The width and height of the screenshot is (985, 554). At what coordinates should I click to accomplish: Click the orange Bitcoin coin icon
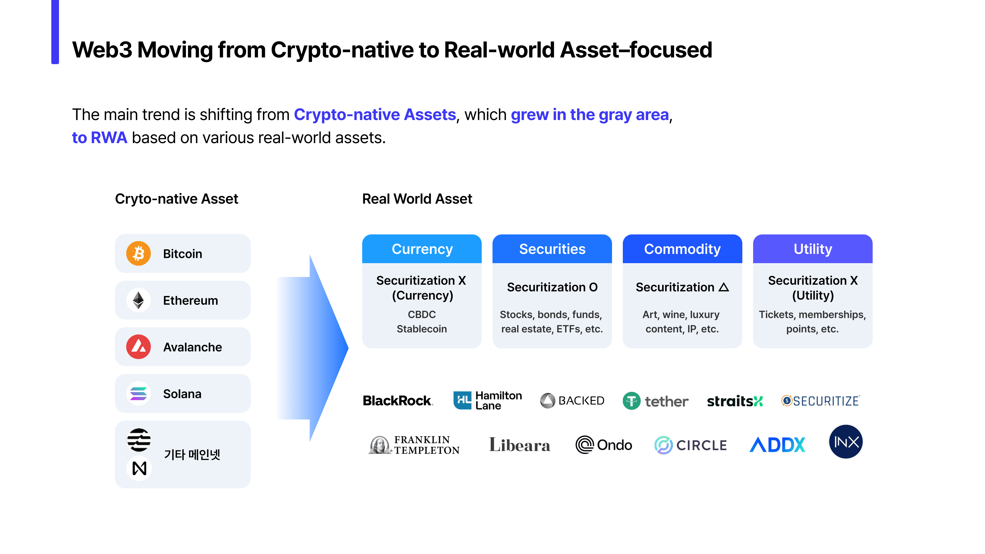pyautogui.click(x=139, y=253)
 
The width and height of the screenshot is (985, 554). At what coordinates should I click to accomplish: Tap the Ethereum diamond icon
pyautogui.click(x=139, y=300)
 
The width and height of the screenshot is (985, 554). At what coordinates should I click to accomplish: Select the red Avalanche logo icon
pyautogui.click(x=139, y=347)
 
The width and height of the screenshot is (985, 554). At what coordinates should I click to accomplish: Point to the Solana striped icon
pyautogui.click(x=139, y=393)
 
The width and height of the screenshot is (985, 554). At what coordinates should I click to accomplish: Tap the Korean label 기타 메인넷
pyautogui.click(x=192, y=454)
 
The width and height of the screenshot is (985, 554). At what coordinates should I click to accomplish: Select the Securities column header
pyautogui.click(x=552, y=249)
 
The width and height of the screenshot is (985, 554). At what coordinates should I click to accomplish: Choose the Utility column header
pyautogui.click(x=813, y=249)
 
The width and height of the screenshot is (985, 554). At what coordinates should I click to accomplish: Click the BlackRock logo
pyautogui.click(x=398, y=401)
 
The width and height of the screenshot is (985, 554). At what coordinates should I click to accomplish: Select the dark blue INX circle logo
pyautogui.click(x=846, y=442)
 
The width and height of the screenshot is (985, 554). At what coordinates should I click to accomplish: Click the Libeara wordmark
pyautogui.click(x=520, y=445)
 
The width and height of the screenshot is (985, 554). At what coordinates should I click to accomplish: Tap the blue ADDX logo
pyautogui.click(x=777, y=445)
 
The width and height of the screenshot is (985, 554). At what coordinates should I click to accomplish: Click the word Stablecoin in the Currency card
pyautogui.click(x=422, y=329)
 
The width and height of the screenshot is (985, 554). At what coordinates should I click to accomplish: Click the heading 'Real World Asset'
pyautogui.click(x=417, y=199)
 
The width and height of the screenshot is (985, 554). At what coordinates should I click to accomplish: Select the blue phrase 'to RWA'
pyautogui.click(x=100, y=138)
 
